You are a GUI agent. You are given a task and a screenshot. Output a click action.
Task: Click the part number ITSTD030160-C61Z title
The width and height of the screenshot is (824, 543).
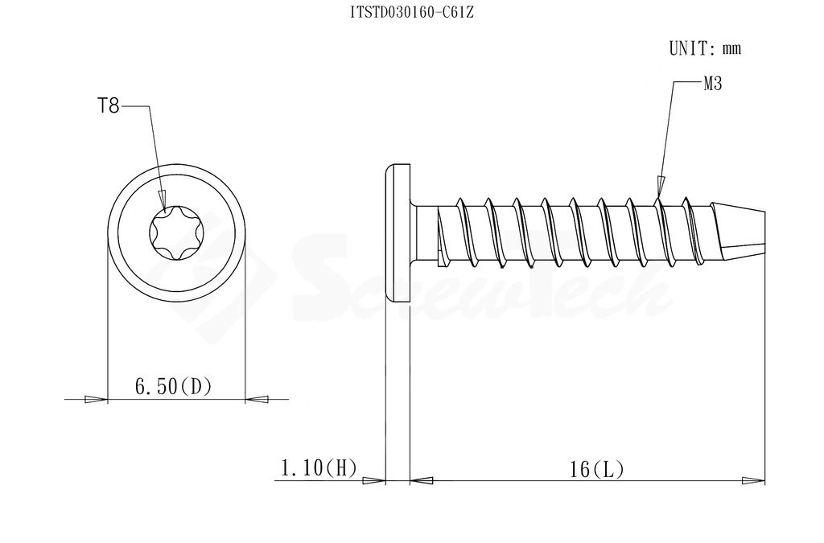coord(412,13)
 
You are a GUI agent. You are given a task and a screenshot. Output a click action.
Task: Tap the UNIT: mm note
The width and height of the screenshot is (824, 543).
coord(705,48)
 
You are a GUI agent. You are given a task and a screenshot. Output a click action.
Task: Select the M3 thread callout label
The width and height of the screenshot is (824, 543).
coord(713,84)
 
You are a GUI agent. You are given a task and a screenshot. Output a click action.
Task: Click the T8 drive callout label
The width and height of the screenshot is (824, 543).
coord(109,107)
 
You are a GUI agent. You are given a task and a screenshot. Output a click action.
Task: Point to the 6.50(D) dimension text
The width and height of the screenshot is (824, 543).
coord(174,387)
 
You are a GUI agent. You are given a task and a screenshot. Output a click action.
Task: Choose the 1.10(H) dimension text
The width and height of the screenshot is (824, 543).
coord(319,467)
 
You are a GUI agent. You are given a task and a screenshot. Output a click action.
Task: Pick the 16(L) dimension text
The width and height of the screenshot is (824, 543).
coord(597,469)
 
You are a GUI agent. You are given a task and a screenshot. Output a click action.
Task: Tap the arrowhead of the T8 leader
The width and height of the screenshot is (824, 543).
coord(163,201)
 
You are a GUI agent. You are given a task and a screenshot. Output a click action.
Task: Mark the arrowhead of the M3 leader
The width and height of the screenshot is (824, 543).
coord(660,187)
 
